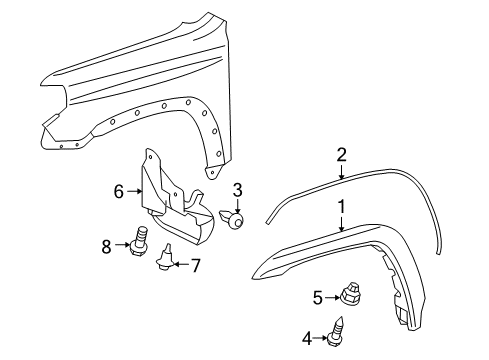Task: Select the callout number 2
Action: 341,154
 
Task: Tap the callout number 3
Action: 237,190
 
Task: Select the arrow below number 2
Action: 341,171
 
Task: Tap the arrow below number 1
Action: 341,251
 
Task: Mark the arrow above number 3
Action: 237,204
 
